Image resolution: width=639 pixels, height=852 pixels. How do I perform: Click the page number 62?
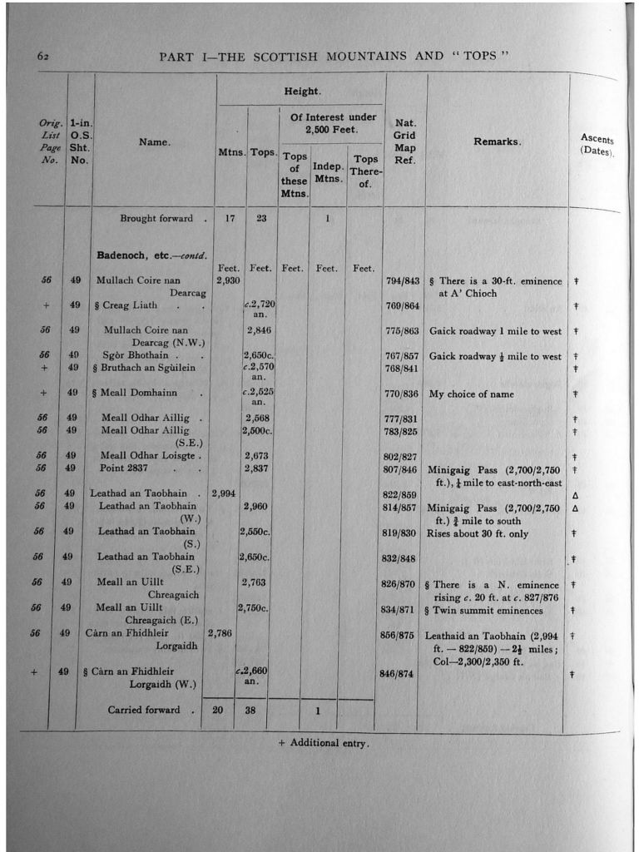point(44,57)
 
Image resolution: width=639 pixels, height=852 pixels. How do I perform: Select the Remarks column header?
point(498,142)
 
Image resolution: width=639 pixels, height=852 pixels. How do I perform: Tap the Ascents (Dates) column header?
point(597,146)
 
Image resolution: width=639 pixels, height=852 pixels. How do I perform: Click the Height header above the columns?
point(301,91)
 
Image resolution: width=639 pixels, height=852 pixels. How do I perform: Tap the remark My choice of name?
point(472,394)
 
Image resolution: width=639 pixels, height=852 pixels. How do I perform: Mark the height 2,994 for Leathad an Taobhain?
point(224,493)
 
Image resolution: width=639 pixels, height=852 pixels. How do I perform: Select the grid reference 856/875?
point(396,634)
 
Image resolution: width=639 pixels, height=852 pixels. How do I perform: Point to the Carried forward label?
point(143,711)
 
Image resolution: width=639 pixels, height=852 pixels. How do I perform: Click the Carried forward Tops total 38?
point(250,711)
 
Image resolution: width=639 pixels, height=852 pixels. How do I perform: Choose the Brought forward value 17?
point(230,219)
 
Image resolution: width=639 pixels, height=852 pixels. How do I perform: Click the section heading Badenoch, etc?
point(150,255)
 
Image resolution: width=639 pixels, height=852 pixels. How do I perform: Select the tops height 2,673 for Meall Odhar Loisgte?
point(255,456)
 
